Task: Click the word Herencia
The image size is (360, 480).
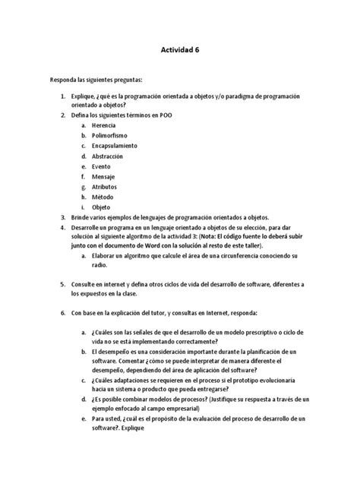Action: point(103,124)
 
